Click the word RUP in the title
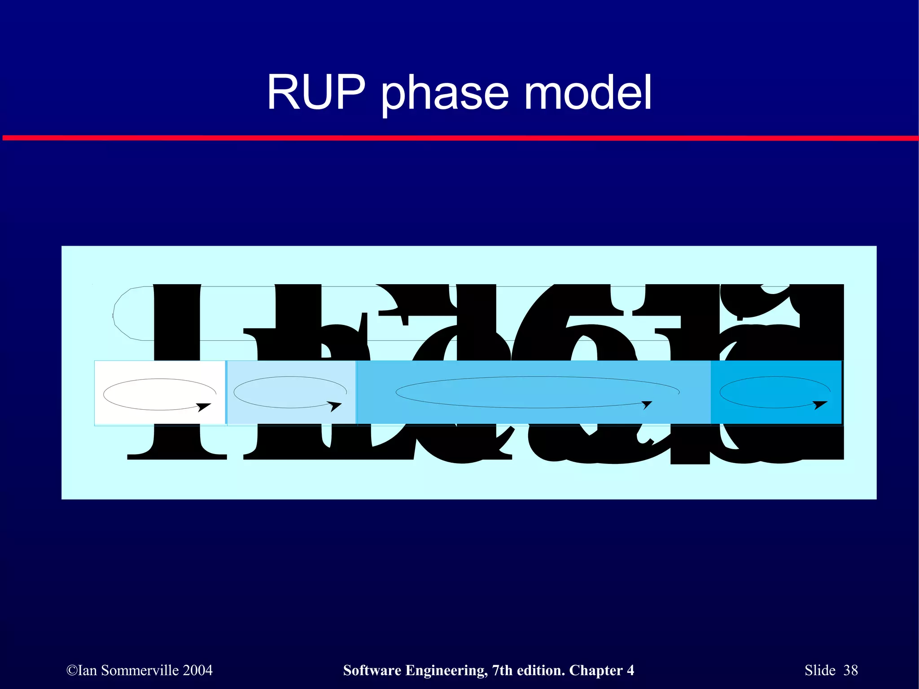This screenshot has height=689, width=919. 316,93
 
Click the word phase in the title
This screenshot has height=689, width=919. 444,94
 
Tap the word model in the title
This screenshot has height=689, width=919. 587,93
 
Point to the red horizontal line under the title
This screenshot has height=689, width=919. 459,138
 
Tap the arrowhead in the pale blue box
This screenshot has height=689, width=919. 335,406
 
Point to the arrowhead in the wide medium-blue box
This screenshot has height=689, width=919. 647,405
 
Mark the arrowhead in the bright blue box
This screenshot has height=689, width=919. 820,405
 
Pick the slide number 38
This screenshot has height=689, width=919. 850,670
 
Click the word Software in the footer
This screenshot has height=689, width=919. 372,670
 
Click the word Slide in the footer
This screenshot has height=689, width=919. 820,670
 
